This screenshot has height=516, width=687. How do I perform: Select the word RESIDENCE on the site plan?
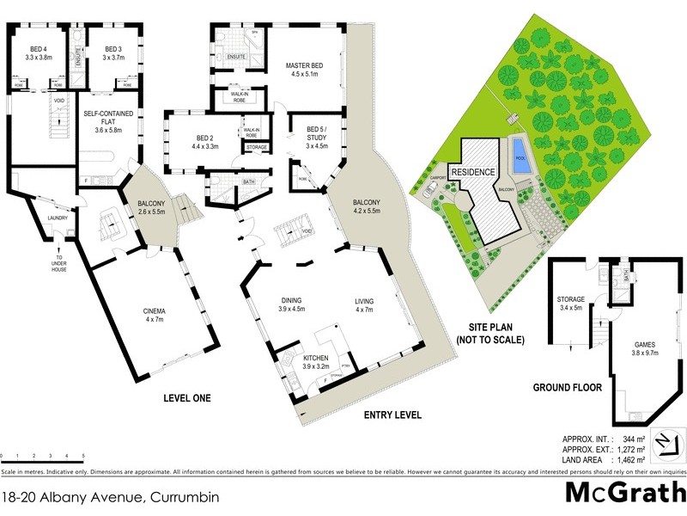(x=474, y=172)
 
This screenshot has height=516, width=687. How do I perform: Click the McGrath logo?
(x=624, y=493)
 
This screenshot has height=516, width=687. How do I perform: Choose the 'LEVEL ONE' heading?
(x=187, y=398)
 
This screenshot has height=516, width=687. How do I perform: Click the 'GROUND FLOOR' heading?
(x=566, y=387)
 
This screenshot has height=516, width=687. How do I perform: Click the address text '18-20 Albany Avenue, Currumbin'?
(x=111, y=497)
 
